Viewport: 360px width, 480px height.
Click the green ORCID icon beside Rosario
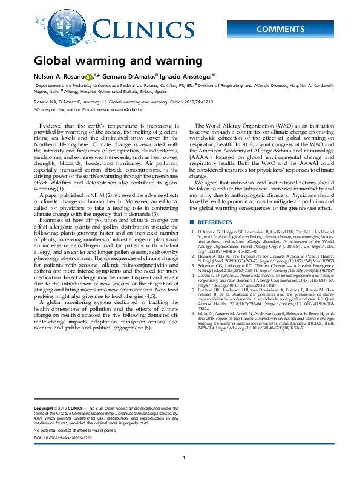tap(89, 77)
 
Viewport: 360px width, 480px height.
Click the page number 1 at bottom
tap(183, 459)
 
